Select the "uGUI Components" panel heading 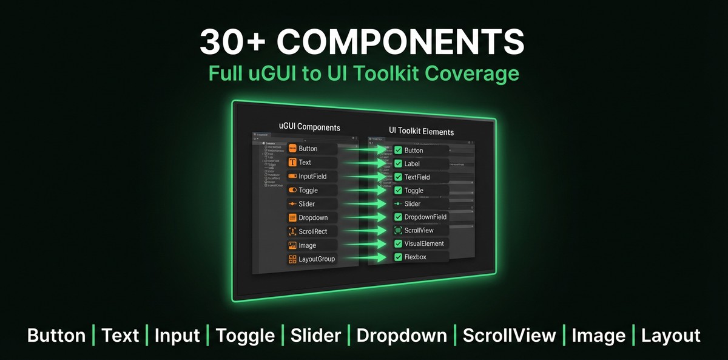click(309, 127)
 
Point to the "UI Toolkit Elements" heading click(421, 131)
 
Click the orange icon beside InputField click(292, 176)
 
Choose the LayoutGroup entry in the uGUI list click(316, 259)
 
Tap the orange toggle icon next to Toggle click(292, 190)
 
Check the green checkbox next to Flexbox click(398, 257)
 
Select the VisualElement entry click(424, 243)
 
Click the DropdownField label click(425, 217)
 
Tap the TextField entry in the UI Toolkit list click(417, 177)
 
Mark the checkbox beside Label click(398, 163)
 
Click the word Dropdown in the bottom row click(402, 336)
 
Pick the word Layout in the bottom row click(670, 336)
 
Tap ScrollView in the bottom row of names click(509, 336)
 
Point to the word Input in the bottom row click(177, 336)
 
